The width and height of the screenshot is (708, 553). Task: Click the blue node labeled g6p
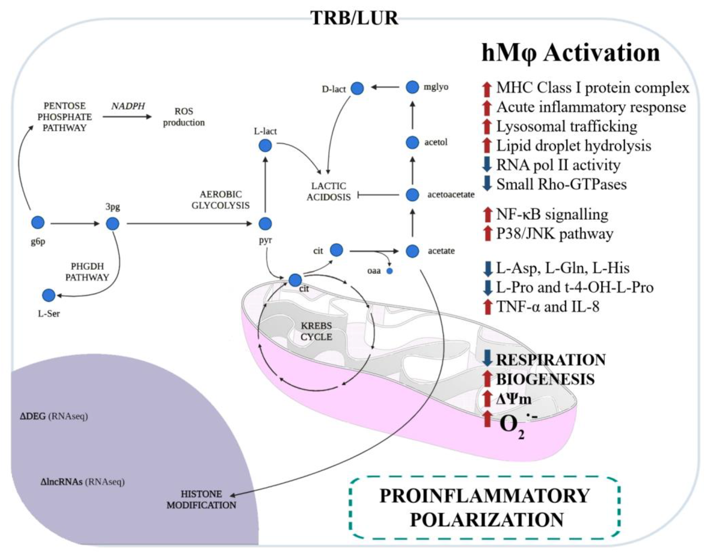click(38, 223)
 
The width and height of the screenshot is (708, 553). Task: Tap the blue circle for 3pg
click(113, 224)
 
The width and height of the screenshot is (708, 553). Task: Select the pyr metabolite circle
click(265, 224)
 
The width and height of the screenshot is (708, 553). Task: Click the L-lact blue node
click(265, 146)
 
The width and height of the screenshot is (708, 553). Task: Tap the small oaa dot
click(390, 271)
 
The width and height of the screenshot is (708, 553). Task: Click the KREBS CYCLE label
click(316, 331)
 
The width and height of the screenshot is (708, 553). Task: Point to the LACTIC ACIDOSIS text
click(328, 192)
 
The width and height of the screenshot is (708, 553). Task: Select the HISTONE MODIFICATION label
click(201, 499)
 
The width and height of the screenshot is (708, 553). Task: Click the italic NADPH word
click(128, 106)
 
